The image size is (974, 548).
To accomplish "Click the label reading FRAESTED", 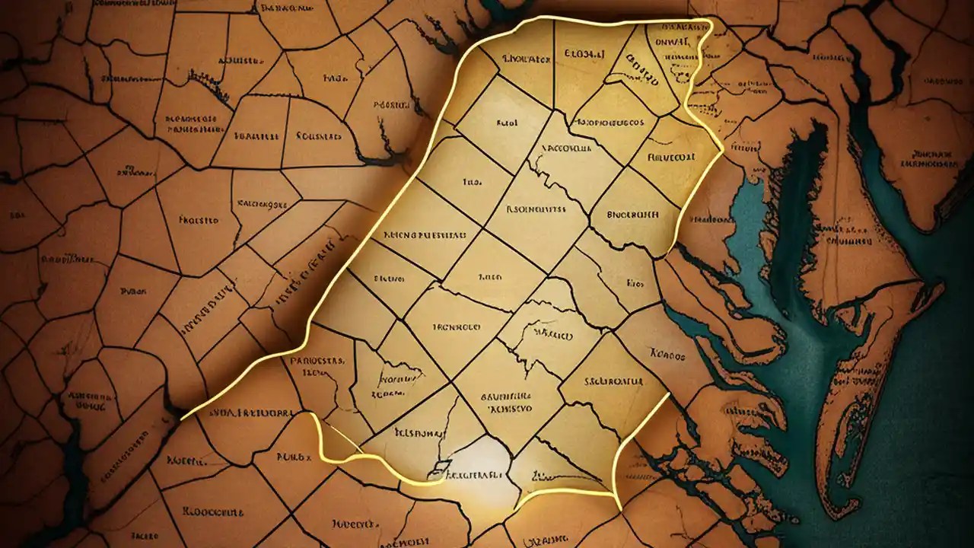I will click(x=199, y=220).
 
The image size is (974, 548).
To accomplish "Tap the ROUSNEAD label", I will click(x=319, y=137).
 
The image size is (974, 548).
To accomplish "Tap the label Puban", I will click(x=134, y=291).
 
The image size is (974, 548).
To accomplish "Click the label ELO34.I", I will click(x=584, y=54).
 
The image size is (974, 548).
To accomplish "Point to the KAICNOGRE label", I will click(x=262, y=204).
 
